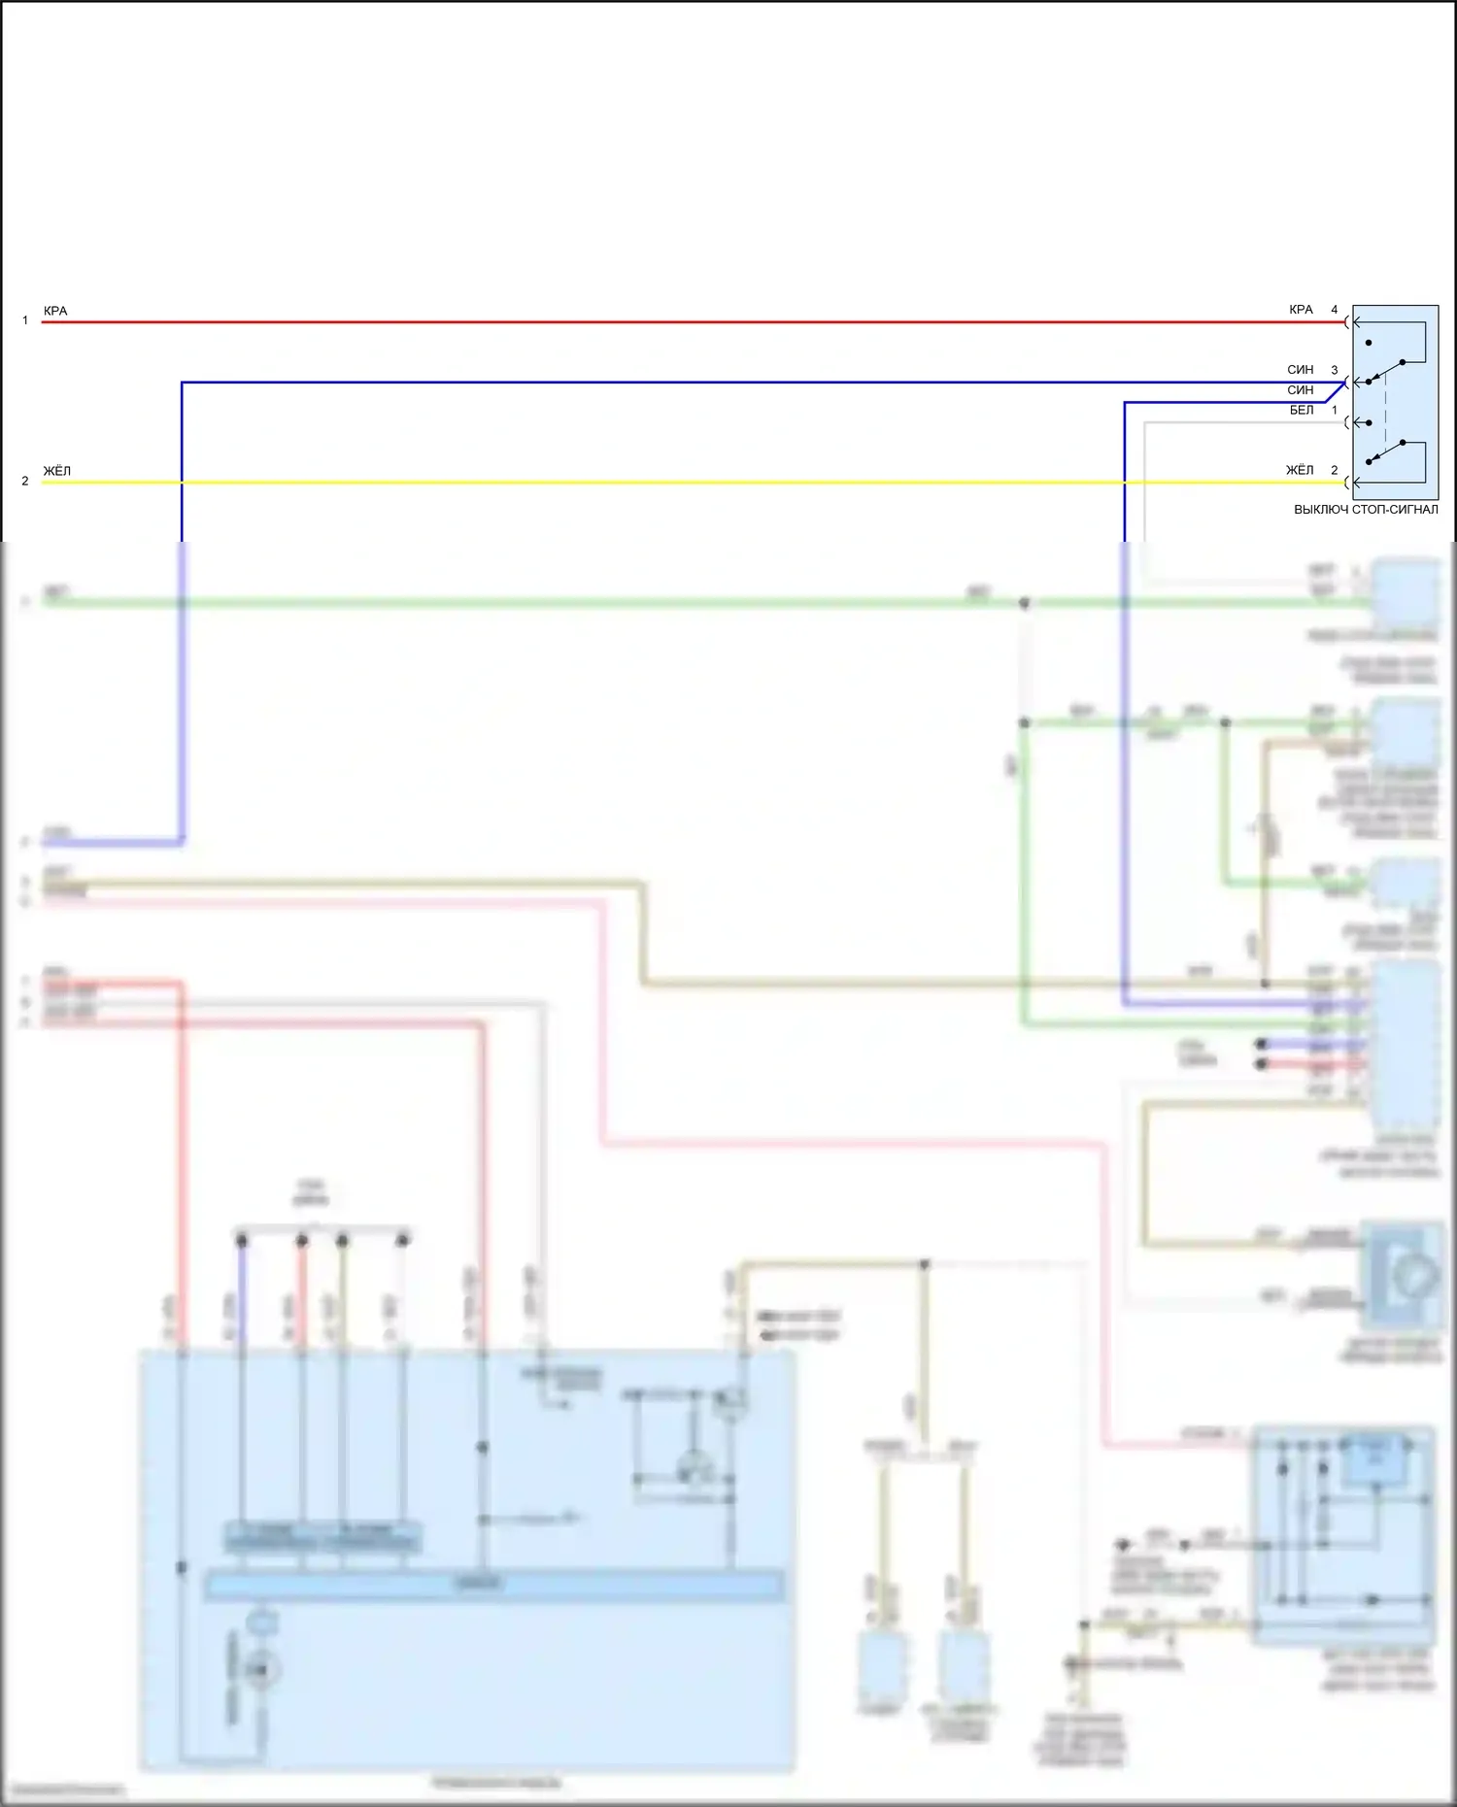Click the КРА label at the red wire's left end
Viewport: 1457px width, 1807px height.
55,312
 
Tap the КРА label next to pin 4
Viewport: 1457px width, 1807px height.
1301,310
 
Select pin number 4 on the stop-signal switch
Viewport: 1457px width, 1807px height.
1335,310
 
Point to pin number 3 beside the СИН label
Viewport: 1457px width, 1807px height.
1335,370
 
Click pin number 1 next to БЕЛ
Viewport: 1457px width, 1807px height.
1335,410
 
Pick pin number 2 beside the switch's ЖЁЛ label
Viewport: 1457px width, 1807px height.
1335,470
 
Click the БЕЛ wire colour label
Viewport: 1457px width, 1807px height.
1302,410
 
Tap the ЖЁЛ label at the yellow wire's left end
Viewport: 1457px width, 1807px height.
57,472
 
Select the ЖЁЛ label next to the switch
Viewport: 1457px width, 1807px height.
1300,470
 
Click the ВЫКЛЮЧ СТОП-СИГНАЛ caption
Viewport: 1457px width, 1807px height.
1366,510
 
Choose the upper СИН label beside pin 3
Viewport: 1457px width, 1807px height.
1301,370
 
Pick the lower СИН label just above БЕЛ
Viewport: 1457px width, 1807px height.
1301,390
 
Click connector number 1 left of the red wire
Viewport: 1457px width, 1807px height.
25,320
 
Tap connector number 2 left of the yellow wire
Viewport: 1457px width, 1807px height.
25,482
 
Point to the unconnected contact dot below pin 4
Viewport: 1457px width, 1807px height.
1369,343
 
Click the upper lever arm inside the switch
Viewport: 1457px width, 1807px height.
1386,372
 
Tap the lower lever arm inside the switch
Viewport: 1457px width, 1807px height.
1386,452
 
